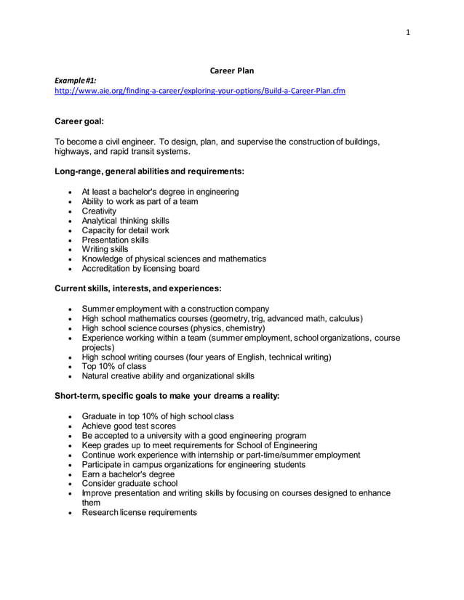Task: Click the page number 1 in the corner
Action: (x=408, y=32)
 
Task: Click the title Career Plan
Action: (x=231, y=70)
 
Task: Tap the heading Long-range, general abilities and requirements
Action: (x=149, y=171)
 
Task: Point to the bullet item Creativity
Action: (x=99, y=211)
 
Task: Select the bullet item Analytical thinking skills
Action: (x=125, y=221)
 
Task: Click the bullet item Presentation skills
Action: (x=115, y=240)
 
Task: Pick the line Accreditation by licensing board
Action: (x=140, y=269)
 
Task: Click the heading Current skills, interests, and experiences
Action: (x=138, y=288)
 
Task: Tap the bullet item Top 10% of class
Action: (x=113, y=367)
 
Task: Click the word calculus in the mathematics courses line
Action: (x=344, y=318)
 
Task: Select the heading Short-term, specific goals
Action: (x=167, y=396)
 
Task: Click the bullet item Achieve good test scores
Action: (x=129, y=426)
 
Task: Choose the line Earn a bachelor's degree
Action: (x=128, y=474)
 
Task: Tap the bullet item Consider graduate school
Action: (x=129, y=484)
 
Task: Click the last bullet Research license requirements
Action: (x=139, y=512)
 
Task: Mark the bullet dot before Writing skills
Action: (x=69, y=250)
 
